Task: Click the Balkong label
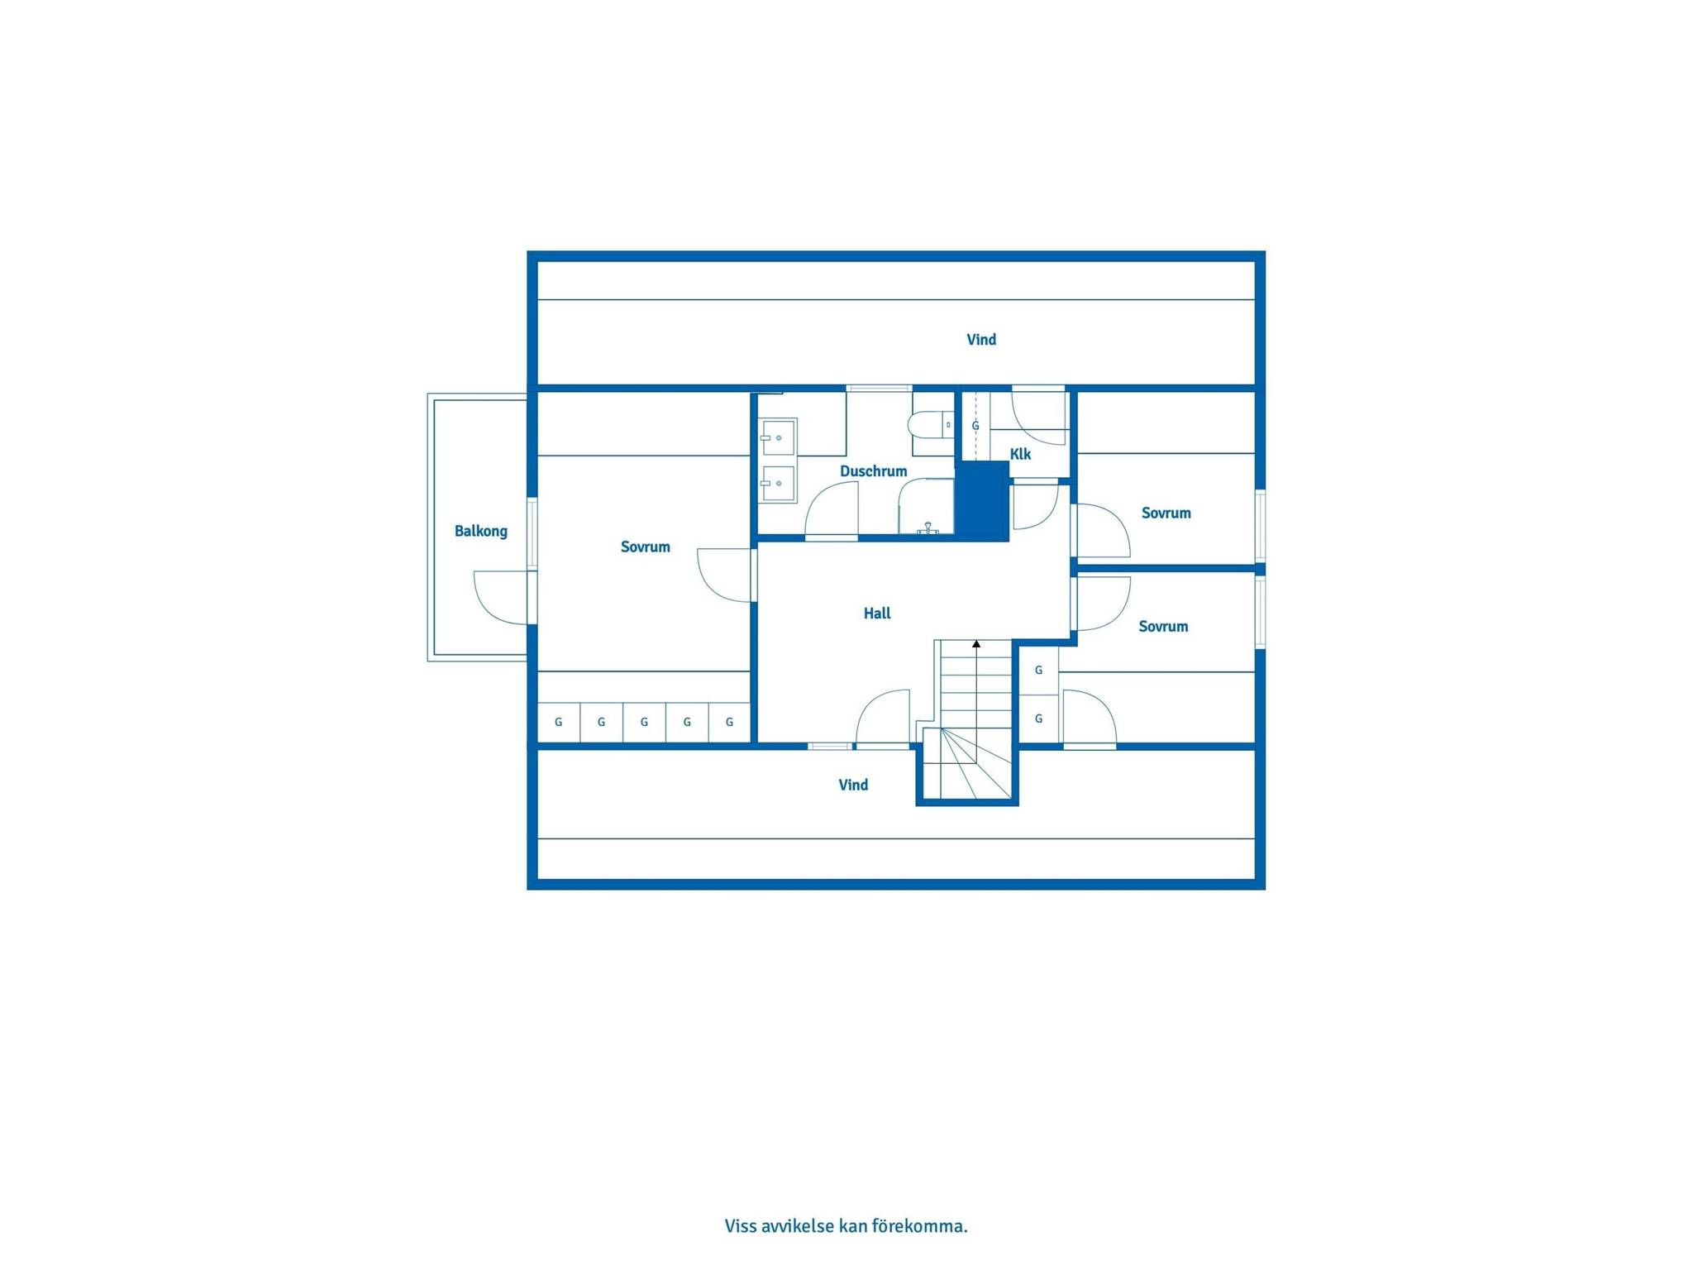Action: click(480, 531)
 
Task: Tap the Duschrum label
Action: click(873, 471)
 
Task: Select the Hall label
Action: click(877, 613)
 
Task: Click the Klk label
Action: click(1020, 454)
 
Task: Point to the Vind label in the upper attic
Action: click(981, 339)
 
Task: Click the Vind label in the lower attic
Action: click(853, 785)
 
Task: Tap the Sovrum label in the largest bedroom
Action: click(645, 547)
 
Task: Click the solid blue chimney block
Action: click(982, 502)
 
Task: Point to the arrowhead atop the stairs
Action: click(976, 643)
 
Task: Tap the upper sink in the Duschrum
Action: click(778, 437)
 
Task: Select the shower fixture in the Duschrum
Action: click(928, 528)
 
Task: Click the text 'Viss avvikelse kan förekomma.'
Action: click(846, 1225)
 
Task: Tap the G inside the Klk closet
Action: click(975, 426)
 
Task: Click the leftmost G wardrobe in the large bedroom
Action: click(559, 722)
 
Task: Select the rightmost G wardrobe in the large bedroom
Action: click(729, 722)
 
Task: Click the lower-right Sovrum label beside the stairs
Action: click(1163, 626)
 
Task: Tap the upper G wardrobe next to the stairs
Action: click(1038, 671)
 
